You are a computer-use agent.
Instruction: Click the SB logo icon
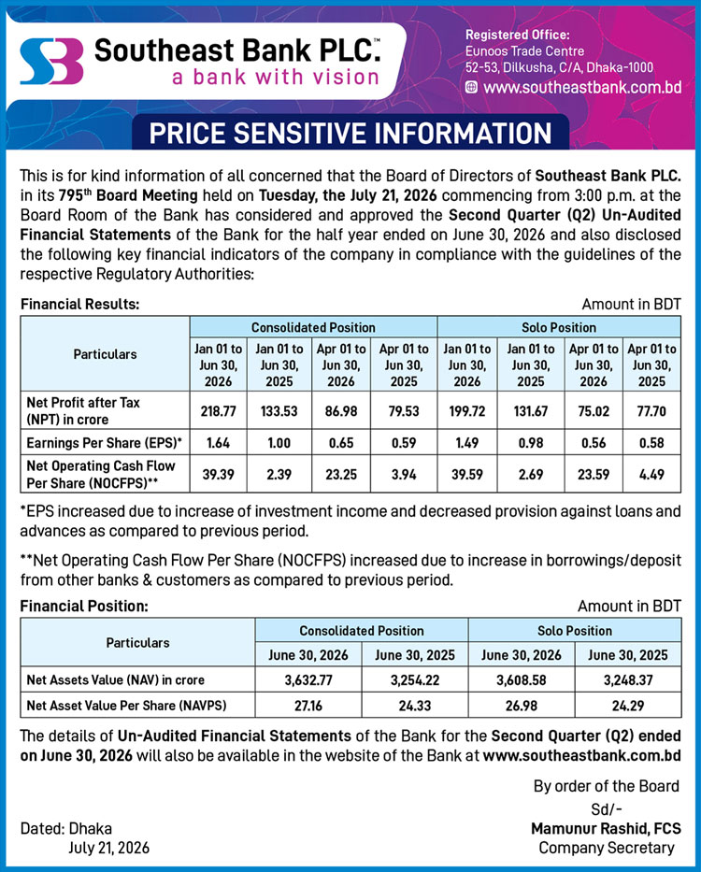[x=51, y=61]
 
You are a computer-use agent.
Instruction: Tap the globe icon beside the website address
[x=471, y=87]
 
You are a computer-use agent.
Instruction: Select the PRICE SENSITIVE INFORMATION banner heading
[x=350, y=134]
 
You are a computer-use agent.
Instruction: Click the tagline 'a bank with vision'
[x=276, y=77]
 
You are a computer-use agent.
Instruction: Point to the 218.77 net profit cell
[x=218, y=411]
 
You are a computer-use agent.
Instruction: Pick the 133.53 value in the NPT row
[x=279, y=411]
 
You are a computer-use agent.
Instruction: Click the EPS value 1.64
[x=218, y=443]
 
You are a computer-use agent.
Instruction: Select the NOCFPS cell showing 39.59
[x=467, y=475]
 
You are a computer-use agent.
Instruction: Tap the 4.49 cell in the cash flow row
[x=651, y=475]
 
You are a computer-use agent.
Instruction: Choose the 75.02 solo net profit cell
[x=594, y=411]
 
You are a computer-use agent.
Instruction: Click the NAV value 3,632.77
[x=308, y=680]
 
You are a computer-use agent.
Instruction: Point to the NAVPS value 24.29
[x=628, y=706]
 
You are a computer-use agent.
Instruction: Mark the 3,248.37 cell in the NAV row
[x=628, y=680]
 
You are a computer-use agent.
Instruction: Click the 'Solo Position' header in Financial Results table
[x=559, y=327]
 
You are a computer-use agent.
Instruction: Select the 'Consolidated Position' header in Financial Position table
[x=362, y=631]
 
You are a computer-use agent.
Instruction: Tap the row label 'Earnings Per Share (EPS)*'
[x=105, y=443]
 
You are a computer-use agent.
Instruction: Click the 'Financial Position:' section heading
[x=84, y=606]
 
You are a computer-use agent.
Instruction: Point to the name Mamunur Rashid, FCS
[x=606, y=829]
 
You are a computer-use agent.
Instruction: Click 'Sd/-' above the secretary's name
[x=607, y=808]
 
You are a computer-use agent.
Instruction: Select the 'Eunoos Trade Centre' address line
[x=524, y=51]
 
